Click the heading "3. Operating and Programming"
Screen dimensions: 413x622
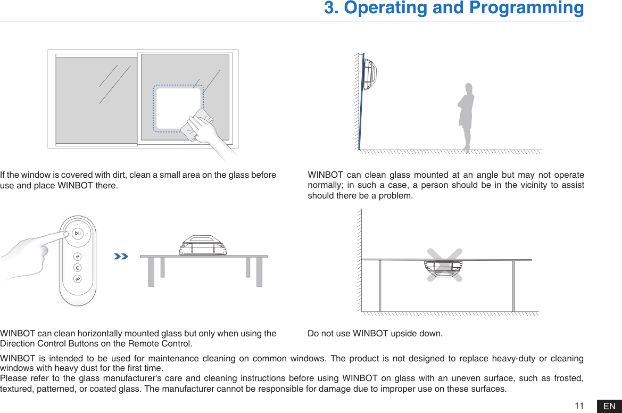[454, 9]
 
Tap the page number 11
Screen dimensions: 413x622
[579, 406]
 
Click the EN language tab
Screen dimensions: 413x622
[609, 406]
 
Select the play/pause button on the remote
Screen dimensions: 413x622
[78, 234]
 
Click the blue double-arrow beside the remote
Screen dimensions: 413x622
[121, 257]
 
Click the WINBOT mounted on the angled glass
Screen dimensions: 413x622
[369, 73]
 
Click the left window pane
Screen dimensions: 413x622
[96, 100]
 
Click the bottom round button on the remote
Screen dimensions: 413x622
[78, 278]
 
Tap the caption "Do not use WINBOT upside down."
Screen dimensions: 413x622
[375, 334]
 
